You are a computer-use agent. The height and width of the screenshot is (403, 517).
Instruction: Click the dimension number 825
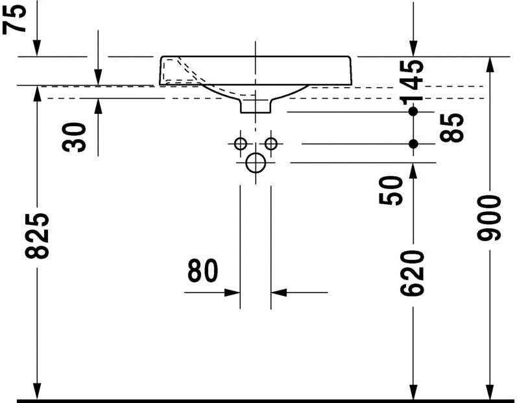(x=37, y=235)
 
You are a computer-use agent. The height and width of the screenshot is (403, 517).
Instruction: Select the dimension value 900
(x=489, y=217)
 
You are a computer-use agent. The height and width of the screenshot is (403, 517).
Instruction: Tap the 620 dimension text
(x=412, y=273)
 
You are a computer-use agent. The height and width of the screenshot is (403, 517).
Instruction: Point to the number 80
(x=203, y=270)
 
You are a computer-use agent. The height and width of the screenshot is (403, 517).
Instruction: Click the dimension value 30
(x=74, y=137)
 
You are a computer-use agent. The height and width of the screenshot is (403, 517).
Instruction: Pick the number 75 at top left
(x=14, y=18)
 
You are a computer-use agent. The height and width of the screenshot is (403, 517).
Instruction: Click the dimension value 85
(x=451, y=128)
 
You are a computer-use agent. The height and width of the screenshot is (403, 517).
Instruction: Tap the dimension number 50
(x=391, y=190)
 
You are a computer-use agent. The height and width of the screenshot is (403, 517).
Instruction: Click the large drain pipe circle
(x=256, y=162)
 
